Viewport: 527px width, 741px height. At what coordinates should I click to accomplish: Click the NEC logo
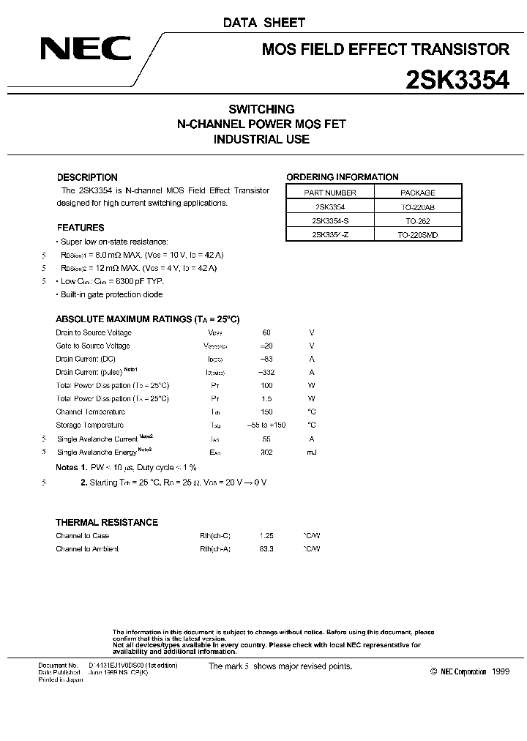pos(85,50)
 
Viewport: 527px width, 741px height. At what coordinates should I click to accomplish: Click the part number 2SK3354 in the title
pos(457,79)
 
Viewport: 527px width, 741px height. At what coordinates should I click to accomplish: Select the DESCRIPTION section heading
pos(87,177)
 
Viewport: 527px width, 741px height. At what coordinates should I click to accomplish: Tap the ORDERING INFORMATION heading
pos(342,177)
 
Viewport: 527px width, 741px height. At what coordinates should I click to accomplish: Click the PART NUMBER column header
pos(329,193)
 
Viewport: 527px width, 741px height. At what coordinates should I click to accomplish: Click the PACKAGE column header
pos(418,193)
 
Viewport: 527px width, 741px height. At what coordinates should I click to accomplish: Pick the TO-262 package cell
pos(418,220)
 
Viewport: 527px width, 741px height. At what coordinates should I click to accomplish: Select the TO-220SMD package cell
pos(418,234)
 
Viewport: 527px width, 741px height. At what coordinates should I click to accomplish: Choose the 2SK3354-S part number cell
pos(329,220)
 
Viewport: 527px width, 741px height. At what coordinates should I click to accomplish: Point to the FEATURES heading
pos(81,228)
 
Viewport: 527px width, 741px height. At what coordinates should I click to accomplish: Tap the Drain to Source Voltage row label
pos(94,332)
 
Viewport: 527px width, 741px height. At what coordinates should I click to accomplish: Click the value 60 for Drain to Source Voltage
pos(266,332)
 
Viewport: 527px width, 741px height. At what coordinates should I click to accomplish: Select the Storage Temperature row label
pos(90,425)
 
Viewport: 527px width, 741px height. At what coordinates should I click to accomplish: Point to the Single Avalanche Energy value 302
pos(266,453)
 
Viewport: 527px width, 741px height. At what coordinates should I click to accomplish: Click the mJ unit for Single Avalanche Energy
pos(312,453)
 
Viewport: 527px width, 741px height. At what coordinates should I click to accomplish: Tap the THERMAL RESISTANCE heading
pos(107,522)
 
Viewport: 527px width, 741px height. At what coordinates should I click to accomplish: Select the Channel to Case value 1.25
pos(266,536)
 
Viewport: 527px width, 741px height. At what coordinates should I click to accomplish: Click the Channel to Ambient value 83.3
pos(266,549)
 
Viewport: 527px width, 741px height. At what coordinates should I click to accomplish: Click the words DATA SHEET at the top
pos(264,23)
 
